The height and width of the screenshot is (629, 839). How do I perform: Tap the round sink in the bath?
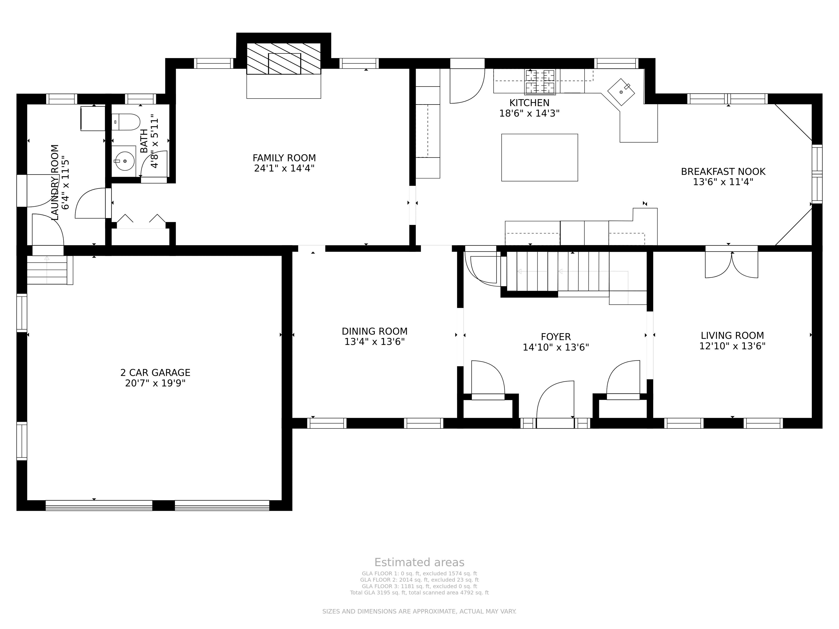pyautogui.click(x=124, y=161)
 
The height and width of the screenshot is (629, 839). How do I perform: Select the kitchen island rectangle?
pyautogui.click(x=539, y=157)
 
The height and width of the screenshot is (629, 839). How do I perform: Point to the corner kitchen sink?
pyautogui.click(x=621, y=92)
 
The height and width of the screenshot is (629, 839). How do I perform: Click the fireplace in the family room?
pyautogui.click(x=284, y=59)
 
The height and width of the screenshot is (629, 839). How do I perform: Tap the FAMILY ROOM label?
pyautogui.click(x=284, y=158)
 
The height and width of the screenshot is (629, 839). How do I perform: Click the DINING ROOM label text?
pyautogui.click(x=374, y=331)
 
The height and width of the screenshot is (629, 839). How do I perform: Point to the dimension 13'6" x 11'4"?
pyautogui.click(x=723, y=182)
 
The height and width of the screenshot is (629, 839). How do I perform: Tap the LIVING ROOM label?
pyautogui.click(x=732, y=336)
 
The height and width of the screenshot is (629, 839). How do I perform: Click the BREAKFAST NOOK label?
pyautogui.click(x=723, y=172)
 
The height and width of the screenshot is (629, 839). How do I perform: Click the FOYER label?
pyautogui.click(x=556, y=337)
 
